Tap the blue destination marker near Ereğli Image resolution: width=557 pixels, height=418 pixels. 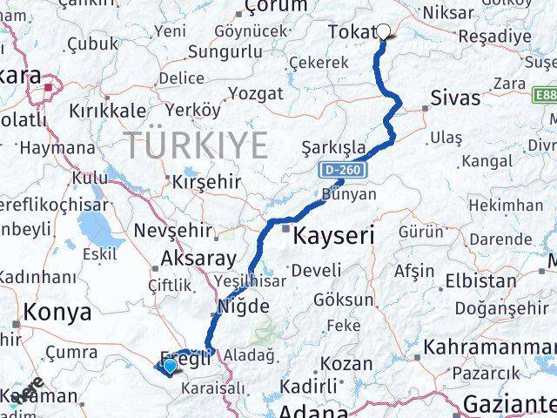pos(168,367)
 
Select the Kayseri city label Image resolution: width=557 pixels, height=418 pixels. pos(333,235)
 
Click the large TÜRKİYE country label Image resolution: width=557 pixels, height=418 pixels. pos(196,145)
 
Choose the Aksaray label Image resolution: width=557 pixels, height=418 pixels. pos(198,259)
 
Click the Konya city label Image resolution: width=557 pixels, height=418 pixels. pos(57,313)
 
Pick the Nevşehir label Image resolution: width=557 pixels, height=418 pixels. pos(171,231)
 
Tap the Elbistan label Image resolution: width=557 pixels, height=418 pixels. pos(480,281)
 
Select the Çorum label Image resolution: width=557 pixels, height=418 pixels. pos(276,7)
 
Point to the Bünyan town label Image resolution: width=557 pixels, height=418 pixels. pos(348,194)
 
